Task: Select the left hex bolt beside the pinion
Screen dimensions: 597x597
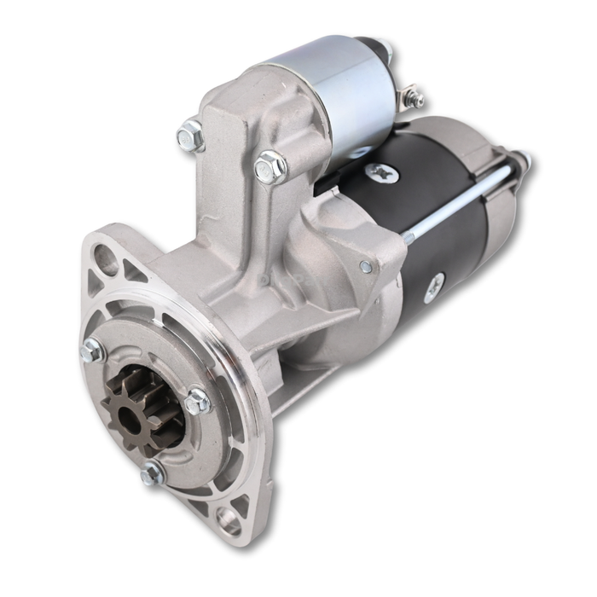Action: click(92, 350)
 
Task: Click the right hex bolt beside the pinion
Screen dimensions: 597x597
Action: click(198, 400)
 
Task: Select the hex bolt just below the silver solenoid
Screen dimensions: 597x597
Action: click(270, 166)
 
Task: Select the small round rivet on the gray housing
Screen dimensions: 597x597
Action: click(366, 267)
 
